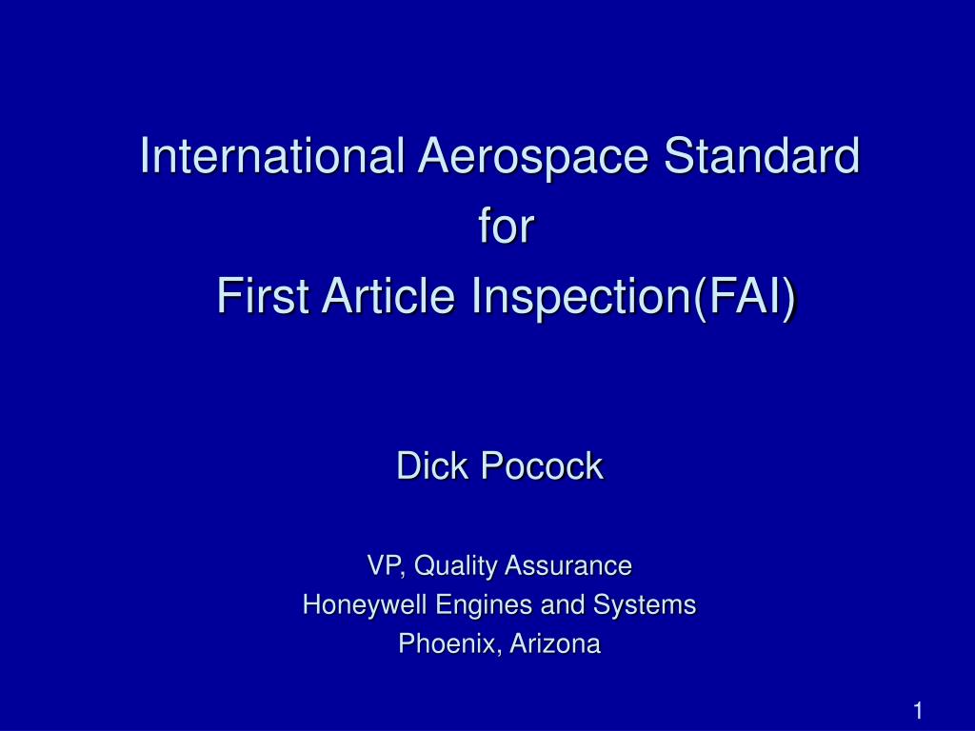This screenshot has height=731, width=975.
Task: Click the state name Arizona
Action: coord(555,644)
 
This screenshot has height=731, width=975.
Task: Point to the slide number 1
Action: coord(919,711)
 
